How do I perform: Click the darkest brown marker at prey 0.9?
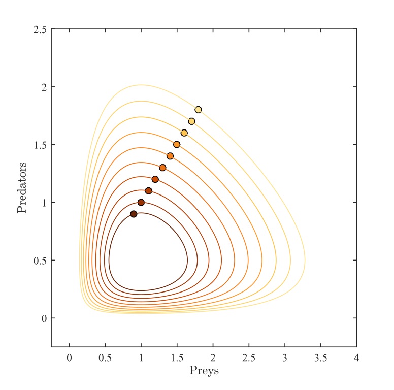pos(134,214)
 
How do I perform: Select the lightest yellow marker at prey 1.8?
pos(198,110)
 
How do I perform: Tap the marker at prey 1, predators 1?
pos(141,203)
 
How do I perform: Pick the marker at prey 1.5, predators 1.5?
pos(177,145)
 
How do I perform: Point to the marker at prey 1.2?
pos(155,179)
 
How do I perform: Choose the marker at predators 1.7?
pos(191,121)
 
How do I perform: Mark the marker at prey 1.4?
pos(170,156)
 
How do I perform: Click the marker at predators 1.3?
pos(162,168)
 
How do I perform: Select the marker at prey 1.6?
pos(184,133)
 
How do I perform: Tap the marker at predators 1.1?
pos(148,191)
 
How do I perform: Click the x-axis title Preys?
pos(204,371)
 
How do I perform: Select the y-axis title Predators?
pos(22,188)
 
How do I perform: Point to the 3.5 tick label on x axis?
pos(320,358)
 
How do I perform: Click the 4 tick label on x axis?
pos(356,358)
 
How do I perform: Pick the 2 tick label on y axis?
pos(45,87)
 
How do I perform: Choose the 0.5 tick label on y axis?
pos(42,261)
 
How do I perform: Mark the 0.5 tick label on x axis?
pos(105,358)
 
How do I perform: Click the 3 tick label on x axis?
pos(284,358)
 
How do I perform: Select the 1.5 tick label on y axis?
pos(42,145)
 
